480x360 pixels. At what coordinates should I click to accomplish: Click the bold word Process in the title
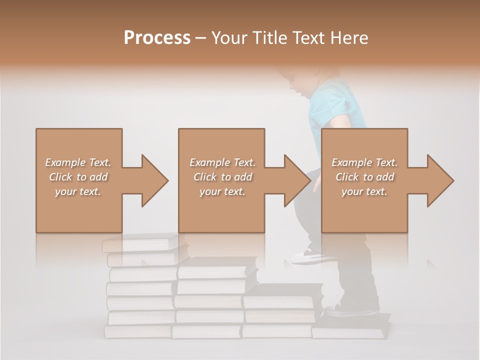[157, 37]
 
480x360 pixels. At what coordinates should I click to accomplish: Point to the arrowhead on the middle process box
[296, 180]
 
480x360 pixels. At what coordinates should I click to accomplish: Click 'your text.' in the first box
[78, 191]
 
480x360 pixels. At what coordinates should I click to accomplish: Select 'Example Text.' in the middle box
[222, 162]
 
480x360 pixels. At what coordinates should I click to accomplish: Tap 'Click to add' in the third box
[365, 177]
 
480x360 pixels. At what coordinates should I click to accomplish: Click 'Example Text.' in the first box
[78, 162]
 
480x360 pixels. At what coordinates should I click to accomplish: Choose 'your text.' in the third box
[365, 191]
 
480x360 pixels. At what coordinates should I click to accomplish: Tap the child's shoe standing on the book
[350, 310]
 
